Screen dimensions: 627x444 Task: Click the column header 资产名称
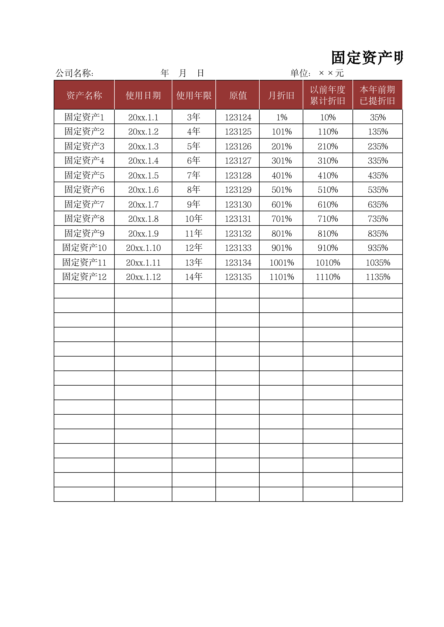pos(84,95)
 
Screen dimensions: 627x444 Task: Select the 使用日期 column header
pos(143,95)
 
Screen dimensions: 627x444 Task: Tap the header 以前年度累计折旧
pos(328,95)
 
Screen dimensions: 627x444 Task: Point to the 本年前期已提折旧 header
pos(377,95)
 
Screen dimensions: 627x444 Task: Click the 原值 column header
pos(238,95)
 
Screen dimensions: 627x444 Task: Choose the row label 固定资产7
pos(84,204)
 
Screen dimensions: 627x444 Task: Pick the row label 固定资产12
pos(84,277)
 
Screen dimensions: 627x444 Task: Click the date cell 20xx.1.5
pos(143,175)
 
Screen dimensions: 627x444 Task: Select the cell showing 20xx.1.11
pos(143,262)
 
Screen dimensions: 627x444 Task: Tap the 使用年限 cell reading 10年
pos(194,218)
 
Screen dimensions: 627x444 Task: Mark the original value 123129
pos(238,190)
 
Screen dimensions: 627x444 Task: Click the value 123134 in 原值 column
pos(238,262)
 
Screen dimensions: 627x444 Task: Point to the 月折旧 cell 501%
pos(281,190)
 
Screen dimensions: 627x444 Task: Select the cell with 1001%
pos(281,262)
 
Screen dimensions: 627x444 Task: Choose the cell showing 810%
pos(328,233)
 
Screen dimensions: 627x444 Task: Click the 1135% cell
pos(378,277)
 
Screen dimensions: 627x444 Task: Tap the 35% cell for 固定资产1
pos(378,117)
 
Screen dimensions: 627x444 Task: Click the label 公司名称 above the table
pos(74,73)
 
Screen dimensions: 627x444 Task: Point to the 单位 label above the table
pos(300,73)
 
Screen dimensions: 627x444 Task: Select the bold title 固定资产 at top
pos(367,58)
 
